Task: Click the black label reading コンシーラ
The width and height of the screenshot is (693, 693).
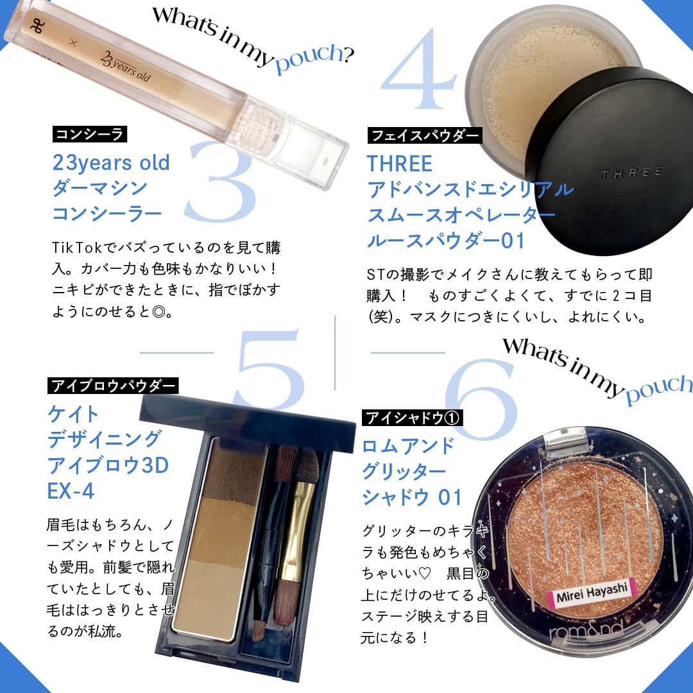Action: tap(90, 134)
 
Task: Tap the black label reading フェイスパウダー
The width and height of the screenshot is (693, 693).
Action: tap(425, 135)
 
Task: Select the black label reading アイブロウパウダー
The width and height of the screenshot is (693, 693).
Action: tap(113, 386)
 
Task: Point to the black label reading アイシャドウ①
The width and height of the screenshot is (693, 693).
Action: tap(413, 417)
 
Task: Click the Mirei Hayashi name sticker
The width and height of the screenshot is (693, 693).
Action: tap(590, 593)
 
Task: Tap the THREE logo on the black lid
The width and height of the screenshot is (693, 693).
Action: tap(631, 173)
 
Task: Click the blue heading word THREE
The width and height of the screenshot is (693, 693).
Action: tap(400, 164)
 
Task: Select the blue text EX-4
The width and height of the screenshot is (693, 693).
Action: tap(71, 491)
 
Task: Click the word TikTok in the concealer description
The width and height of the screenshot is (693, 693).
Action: tap(77, 247)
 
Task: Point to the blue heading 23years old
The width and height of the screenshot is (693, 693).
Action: tap(111, 162)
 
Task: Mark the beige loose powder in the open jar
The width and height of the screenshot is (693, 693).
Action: tap(543, 75)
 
